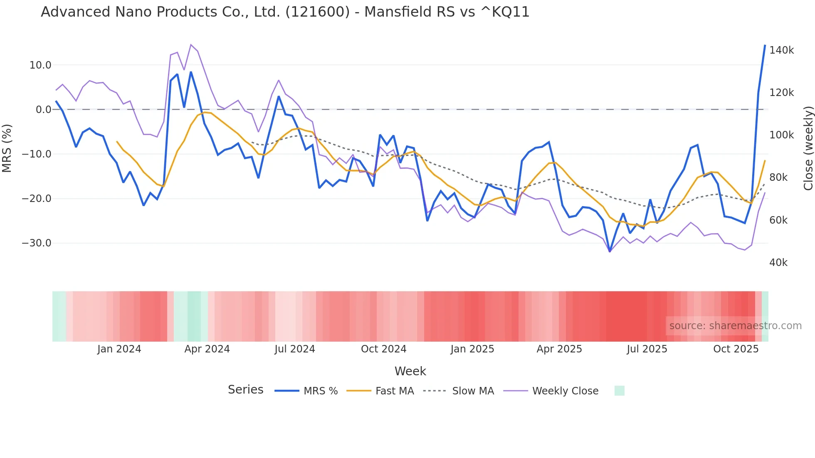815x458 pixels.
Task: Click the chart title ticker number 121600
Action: click(317, 12)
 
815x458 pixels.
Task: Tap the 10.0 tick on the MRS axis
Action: click(40, 65)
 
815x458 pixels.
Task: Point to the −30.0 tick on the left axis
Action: click(37, 243)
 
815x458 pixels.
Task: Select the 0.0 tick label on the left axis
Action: click(43, 110)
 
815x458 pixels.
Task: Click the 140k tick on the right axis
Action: click(781, 50)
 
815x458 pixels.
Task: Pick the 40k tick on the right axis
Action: click(778, 263)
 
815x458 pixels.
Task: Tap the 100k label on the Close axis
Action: click(781, 135)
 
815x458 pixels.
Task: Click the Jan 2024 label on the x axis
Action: click(119, 349)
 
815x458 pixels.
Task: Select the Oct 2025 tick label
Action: click(736, 349)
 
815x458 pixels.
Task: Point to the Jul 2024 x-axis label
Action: click(294, 349)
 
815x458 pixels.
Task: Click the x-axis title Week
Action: click(410, 371)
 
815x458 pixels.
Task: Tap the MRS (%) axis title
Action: click(7, 148)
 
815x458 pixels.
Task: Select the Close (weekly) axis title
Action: click(808, 148)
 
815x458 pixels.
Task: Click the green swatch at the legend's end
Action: click(619, 391)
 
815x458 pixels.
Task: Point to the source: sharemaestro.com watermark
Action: click(735, 326)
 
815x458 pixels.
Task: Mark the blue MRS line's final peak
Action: click(765, 45)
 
